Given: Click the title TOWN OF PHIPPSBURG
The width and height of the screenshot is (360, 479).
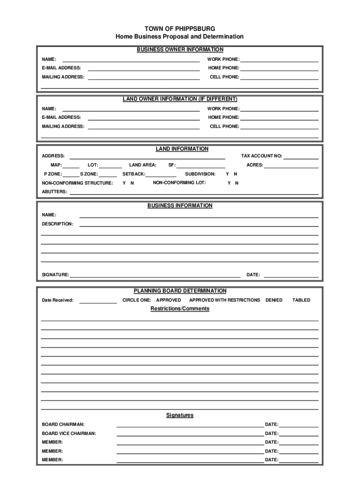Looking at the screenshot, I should [x=180, y=29].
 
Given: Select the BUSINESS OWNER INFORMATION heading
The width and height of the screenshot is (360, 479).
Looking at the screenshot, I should [x=180, y=50].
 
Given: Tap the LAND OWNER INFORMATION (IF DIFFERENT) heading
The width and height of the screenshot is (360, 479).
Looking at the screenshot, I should [x=180, y=99].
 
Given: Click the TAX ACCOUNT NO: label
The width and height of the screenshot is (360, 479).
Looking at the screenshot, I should [x=261, y=156].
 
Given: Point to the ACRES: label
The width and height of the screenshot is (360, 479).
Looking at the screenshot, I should [x=255, y=165].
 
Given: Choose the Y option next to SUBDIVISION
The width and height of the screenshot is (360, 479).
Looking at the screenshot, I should [x=228, y=174].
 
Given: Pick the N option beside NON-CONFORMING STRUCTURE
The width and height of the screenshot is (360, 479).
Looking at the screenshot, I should [x=132, y=183].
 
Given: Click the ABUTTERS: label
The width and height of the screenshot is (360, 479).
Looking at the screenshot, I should [x=54, y=192].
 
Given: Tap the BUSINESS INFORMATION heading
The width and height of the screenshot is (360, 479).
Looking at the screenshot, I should [x=180, y=205].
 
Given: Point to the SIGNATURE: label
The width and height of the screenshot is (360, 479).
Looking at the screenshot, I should [x=55, y=275].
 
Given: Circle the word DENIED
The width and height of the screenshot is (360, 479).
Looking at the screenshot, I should [x=274, y=300].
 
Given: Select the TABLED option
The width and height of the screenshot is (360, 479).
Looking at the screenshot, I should [x=301, y=300].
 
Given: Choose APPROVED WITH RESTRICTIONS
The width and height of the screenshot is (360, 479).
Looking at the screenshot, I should [x=224, y=300].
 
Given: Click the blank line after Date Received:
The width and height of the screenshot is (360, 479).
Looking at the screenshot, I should [x=98, y=302].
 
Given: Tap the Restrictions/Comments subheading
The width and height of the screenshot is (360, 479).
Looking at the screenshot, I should [x=180, y=309].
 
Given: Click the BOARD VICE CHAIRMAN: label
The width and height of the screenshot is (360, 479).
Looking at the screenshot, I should [x=69, y=434].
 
